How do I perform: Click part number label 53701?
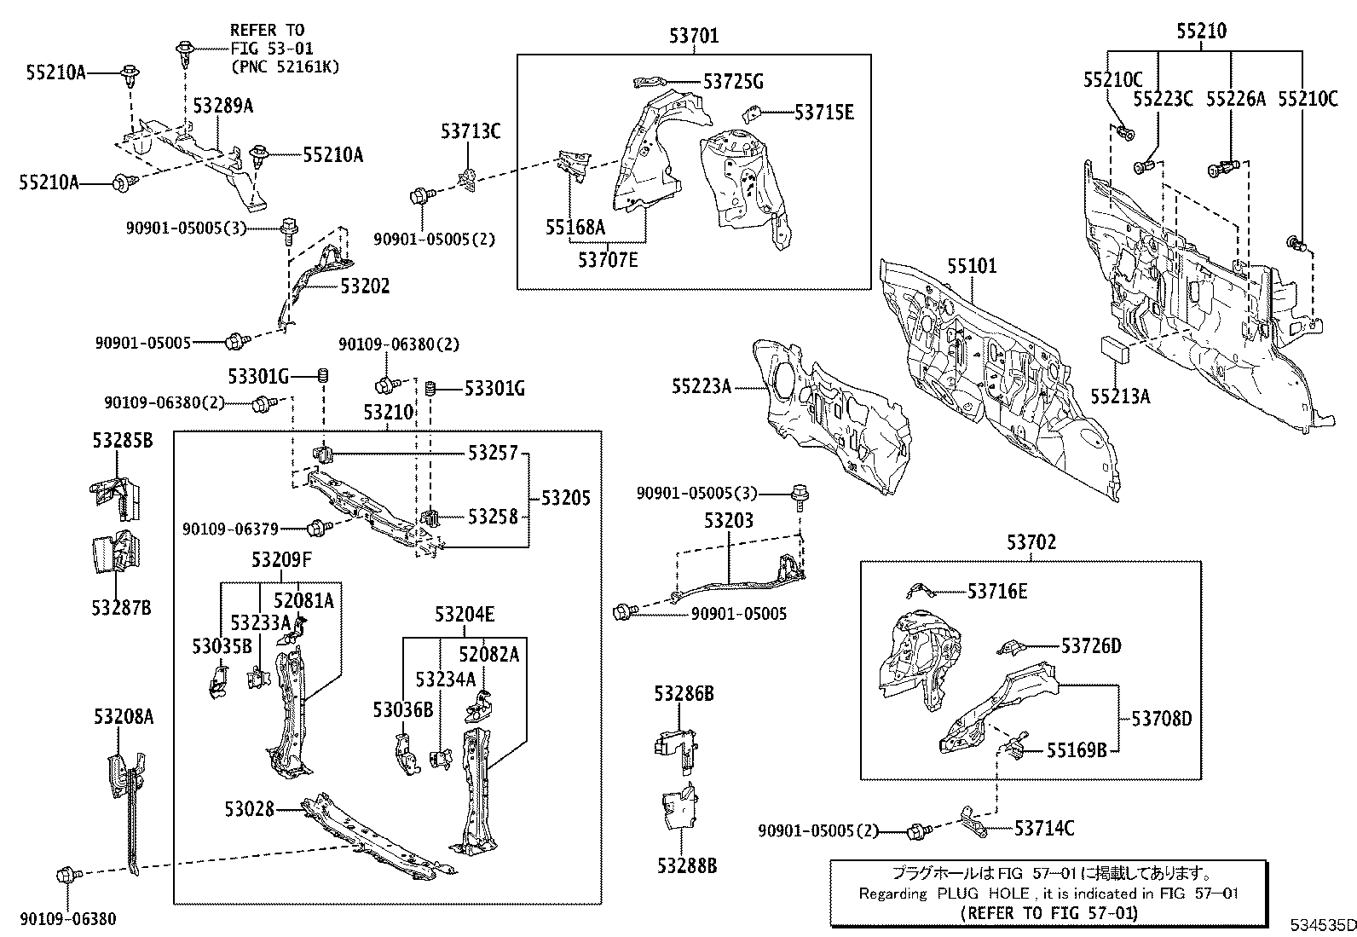tap(693, 36)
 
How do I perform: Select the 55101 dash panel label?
tap(971, 266)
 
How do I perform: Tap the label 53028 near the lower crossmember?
tap(250, 808)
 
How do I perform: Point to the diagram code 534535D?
tap(1321, 925)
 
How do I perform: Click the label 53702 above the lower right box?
tap(1031, 542)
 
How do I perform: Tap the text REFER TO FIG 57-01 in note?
tap(1048, 912)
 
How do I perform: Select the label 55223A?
tap(701, 387)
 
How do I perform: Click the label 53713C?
tap(471, 131)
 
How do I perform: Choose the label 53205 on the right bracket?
tap(565, 498)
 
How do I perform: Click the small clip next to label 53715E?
tap(752, 113)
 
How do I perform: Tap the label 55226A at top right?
tap(1235, 99)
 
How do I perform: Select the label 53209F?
tap(281, 560)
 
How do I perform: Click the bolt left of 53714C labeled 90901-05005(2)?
tap(918, 830)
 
